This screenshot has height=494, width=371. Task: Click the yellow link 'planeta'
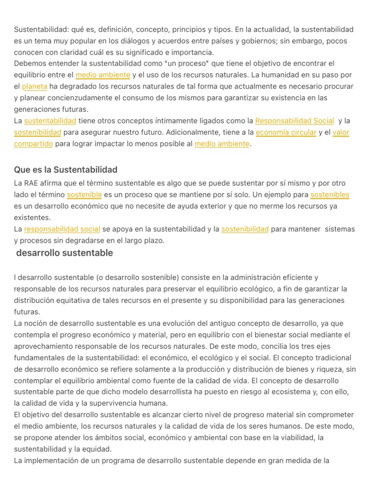(34, 86)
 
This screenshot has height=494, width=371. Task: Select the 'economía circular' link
(286, 132)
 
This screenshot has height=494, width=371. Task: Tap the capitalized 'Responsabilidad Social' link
(294, 121)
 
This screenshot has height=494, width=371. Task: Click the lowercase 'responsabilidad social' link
(62, 229)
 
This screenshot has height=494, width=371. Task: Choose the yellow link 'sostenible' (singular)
(84, 195)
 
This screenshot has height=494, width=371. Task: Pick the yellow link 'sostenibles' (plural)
(329, 195)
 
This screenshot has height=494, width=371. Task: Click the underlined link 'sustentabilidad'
(50, 121)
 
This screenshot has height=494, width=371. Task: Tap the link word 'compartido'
(34, 144)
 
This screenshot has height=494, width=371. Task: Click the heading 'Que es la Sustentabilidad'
(66, 170)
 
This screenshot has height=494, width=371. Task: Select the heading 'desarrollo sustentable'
(64, 253)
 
